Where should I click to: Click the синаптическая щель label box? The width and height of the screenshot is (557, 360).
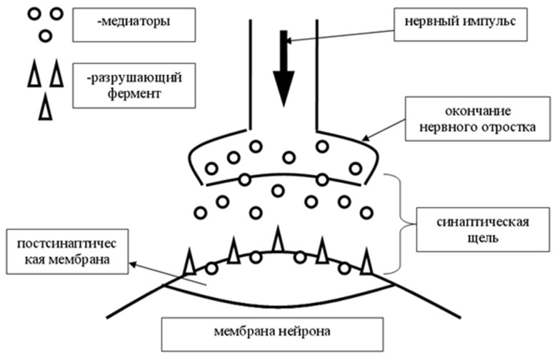[471, 229]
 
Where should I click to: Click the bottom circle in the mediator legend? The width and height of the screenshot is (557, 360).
[44, 34]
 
